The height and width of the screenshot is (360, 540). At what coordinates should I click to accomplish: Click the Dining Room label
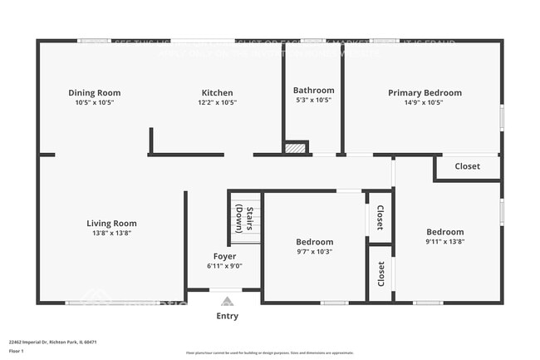94,93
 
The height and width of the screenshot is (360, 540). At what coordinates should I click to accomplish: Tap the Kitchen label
217,93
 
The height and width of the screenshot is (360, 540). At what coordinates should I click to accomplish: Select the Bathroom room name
314,91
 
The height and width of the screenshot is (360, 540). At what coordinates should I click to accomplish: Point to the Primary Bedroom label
425,93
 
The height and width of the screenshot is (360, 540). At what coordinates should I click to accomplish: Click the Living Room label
111,223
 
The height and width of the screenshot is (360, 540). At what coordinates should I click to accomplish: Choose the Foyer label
224,256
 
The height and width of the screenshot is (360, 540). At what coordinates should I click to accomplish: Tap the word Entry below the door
227,316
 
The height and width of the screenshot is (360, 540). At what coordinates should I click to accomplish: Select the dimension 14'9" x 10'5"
425,103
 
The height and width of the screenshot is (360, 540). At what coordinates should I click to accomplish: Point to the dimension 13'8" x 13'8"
111,234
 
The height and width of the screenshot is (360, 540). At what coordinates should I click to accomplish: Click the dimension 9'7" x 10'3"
315,251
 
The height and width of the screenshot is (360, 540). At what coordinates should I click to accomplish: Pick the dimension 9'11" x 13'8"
445,242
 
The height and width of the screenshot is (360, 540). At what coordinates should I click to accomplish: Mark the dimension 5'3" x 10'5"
314,101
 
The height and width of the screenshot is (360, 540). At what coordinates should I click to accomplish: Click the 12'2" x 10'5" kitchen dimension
217,103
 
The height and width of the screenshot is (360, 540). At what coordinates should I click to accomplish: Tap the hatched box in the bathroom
296,148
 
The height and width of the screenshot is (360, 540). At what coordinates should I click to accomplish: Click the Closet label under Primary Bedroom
467,166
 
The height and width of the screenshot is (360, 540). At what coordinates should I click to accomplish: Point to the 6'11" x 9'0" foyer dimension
224,266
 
